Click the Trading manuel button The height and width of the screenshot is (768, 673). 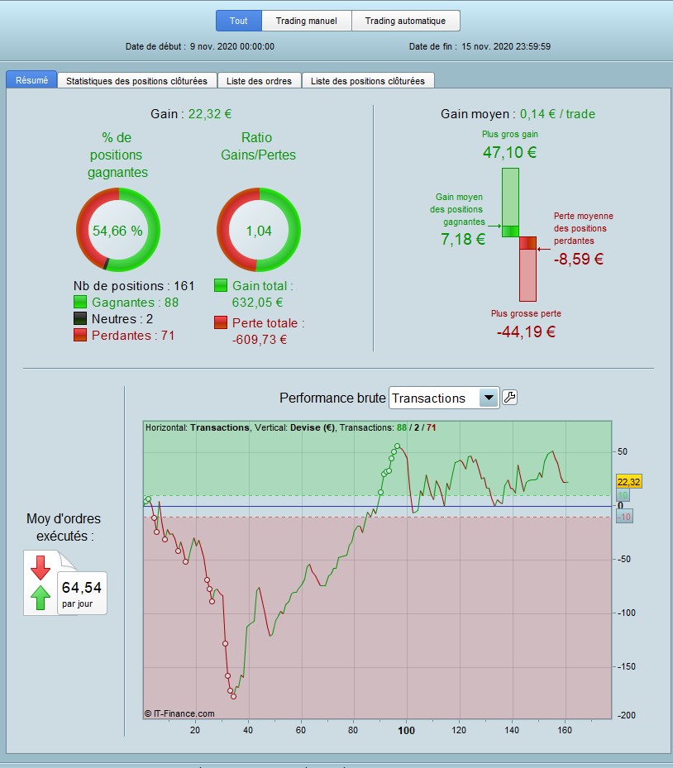(x=306, y=21)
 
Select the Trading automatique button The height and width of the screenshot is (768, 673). (x=405, y=21)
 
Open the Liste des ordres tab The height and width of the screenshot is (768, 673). (x=260, y=81)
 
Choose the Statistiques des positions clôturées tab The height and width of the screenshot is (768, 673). (x=137, y=81)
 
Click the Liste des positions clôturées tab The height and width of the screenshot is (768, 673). (x=368, y=81)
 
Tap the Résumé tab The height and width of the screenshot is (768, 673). (x=31, y=80)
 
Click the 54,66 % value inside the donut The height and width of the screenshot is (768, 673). (x=117, y=231)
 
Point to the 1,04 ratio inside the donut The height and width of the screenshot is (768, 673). (x=258, y=231)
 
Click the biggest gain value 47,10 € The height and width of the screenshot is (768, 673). (x=510, y=152)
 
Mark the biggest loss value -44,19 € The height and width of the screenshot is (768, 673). (x=526, y=332)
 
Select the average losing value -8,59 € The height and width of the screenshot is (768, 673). (x=578, y=259)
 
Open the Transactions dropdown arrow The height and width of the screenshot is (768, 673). (x=489, y=398)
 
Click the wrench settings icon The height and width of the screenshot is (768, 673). (x=510, y=398)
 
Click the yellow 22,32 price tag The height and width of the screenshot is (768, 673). (x=629, y=481)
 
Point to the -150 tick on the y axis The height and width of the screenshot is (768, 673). (x=626, y=666)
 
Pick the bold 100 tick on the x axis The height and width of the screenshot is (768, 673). (x=406, y=730)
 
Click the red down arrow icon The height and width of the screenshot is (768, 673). (x=40, y=567)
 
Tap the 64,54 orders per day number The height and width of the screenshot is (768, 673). (x=81, y=588)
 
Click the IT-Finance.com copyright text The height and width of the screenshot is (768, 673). (x=179, y=713)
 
